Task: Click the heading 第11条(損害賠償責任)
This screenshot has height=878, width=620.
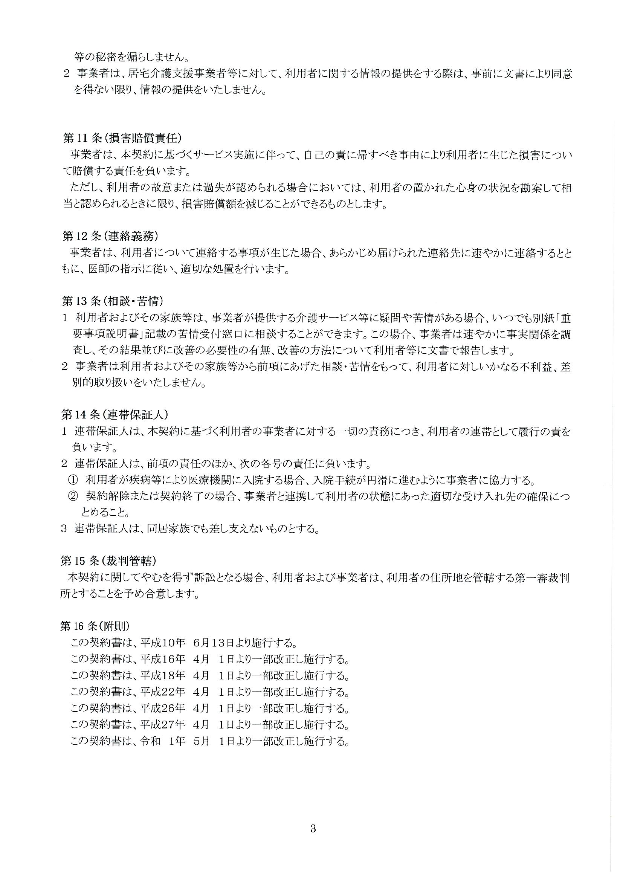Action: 121,138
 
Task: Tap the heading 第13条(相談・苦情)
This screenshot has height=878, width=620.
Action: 113,301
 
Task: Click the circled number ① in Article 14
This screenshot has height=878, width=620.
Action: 73,480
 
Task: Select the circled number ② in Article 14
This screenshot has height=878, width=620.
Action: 73,497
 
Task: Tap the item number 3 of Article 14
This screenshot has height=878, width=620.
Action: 64,529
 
